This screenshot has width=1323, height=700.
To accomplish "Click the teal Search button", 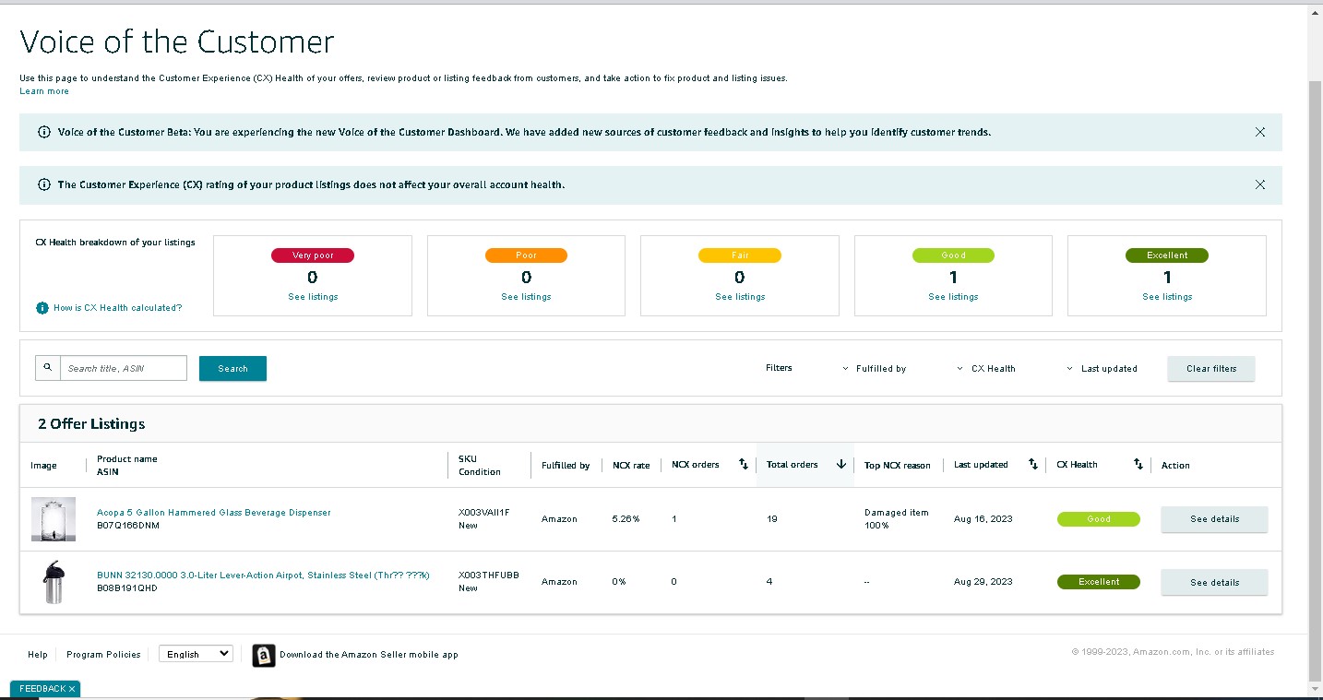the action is pos(232,368).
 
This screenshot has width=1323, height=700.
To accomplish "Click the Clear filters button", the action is pos(1210,368).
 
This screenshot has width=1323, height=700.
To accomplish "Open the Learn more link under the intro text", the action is pos(44,91).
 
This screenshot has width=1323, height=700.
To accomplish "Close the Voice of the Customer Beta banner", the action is pos(1260,132).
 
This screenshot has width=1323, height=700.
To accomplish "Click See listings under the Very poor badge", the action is pos(313,296).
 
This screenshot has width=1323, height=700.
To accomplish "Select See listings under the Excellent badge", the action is pos(1167,296).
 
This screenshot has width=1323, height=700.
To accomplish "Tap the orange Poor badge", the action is pos(526,255).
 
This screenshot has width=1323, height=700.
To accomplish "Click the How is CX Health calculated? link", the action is pos(117,307).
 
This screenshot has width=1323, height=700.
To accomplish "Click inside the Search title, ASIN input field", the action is pos(124,368).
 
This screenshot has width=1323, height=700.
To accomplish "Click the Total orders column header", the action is pos(792,465).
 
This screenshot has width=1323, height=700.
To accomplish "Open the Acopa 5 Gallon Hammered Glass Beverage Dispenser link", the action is pos(214,512).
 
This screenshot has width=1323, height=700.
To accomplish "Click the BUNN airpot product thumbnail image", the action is pos(54,582).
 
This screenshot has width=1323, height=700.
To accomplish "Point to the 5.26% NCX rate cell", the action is pos(626,519).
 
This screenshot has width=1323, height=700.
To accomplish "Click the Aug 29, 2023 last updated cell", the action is pos(983,581).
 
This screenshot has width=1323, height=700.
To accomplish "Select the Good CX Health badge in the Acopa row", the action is pos(1099,519).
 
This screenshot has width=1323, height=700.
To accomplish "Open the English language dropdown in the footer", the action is pos(197,653).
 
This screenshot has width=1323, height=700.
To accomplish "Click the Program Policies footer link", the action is pos(103,654).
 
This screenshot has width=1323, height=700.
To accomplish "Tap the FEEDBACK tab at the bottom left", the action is pos(45,688).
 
